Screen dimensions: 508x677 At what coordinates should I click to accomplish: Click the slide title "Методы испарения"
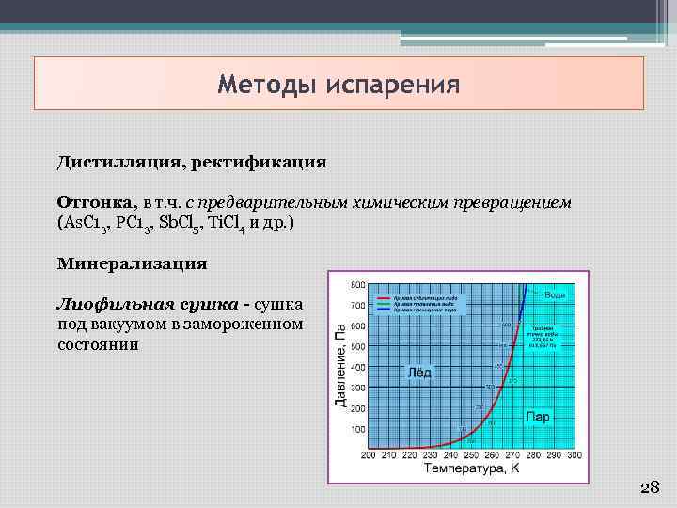(338, 86)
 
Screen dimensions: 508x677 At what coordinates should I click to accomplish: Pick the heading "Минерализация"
(132, 263)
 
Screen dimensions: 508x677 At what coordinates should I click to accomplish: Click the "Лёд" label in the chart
(418, 372)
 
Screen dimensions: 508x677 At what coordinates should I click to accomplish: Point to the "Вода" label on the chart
(555, 294)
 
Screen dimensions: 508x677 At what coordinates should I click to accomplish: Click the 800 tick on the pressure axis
(358, 284)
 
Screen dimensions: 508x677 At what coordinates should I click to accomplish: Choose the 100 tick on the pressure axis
(358, 429)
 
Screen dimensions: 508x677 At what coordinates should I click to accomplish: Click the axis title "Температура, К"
(470, 468)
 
